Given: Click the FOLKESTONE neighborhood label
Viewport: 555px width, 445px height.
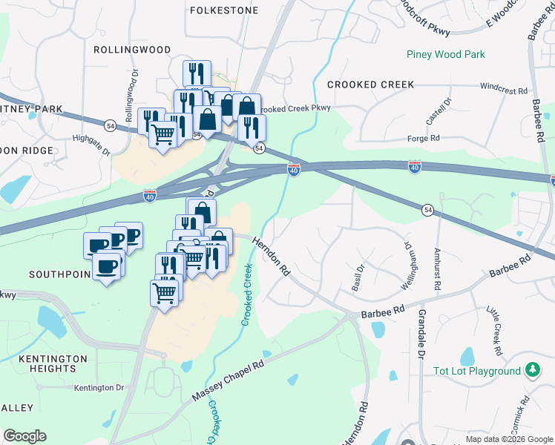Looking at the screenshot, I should pos(224,10).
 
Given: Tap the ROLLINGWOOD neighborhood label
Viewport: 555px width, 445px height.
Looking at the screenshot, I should pos(132,50).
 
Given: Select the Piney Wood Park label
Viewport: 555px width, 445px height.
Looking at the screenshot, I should pos(445,54).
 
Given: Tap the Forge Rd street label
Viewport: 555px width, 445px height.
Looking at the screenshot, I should pos(424,138).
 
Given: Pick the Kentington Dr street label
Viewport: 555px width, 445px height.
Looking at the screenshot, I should pos(98,387).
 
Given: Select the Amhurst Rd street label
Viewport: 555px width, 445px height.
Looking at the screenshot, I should pos(437,269).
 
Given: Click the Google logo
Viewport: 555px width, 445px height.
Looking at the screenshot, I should pos(24,436).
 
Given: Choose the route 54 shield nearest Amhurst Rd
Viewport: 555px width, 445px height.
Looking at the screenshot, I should pos(427,211).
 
